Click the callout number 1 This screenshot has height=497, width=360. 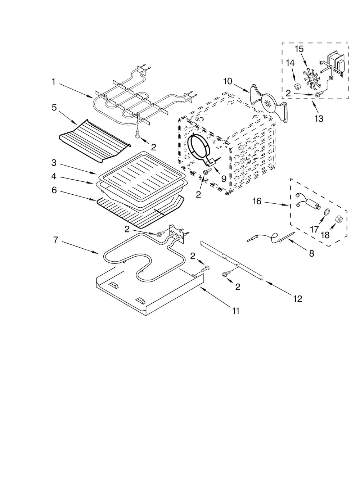click(x=53, y=82)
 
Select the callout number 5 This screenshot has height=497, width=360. click(x=54, y=108)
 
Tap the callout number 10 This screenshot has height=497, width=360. click(x=228, y=81)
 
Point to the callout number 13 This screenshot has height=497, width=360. click(x=319, y=118)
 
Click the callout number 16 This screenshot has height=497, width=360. click(x=257, y=201)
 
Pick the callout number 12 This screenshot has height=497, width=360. click(x=297, y=299)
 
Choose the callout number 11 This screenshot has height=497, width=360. click(x=235, y=311)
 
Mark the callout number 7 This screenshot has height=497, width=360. click(x=55, y=240)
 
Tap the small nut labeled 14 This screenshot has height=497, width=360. click(x=297, y=86)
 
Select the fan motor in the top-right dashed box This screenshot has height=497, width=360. click(x=334, y=64)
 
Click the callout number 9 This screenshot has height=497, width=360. click(x=224, y=179)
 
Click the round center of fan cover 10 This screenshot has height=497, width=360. click(x=267, y=102)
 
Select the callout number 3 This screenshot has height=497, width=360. click(x=54, y=163)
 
